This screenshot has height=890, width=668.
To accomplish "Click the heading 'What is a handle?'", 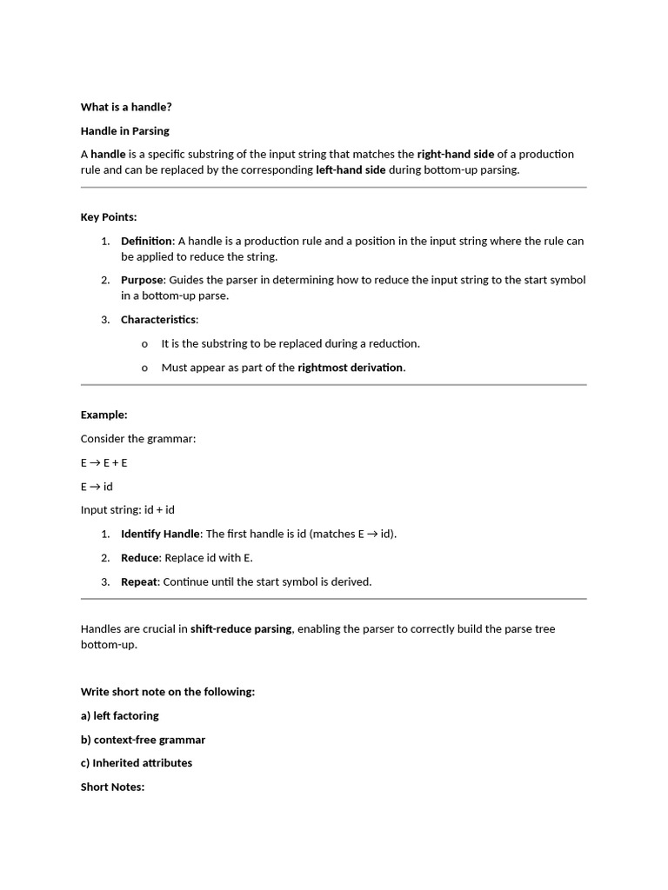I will (126, 107).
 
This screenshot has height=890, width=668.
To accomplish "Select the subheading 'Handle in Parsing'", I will (125, 130).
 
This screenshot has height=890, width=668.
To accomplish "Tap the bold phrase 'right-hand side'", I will (455, 154).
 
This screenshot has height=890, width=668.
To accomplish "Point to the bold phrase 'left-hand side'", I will (350, 169).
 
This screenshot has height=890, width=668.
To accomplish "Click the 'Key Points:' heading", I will (109, 217).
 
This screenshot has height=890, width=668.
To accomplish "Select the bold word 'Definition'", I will (146, 241).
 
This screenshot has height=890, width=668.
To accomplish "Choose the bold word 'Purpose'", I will (142, 280).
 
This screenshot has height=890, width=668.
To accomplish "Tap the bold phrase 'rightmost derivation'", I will (350, 367).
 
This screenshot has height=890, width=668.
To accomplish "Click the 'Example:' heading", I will (104, 415).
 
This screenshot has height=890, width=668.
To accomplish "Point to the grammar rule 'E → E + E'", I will (104, 462).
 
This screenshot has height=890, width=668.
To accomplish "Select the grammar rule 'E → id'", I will (97, 486).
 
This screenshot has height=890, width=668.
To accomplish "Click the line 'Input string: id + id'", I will (128, 509).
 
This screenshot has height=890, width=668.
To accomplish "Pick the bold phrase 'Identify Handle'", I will (160, 534).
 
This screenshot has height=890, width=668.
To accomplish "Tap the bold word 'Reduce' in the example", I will (140, 557).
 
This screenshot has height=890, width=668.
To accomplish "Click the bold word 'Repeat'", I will (139, 581).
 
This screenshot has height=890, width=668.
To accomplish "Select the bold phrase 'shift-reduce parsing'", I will (241, 628).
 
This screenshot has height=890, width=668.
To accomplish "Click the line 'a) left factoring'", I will (120, 715).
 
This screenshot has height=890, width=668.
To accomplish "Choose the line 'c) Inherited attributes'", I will (137, 762).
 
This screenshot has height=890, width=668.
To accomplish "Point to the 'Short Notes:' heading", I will (112, 787).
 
